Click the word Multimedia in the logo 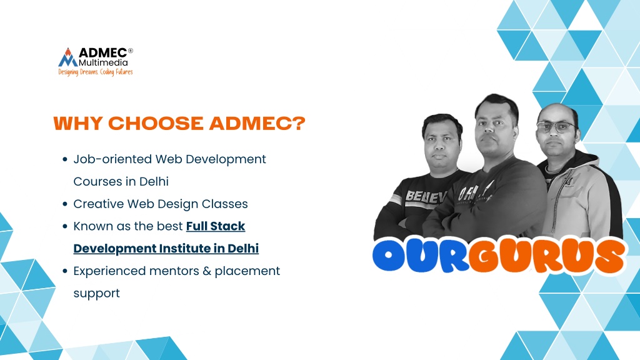coord(103,62)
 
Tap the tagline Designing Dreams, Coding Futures coord(96,72)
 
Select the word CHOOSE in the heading coord(156,123)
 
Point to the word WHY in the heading coord(77,123)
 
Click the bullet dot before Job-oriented coord(65,159)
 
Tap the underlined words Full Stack coord(216,226)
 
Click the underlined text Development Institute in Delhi coord(166,249)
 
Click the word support coord(97,294)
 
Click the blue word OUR coord(421,256)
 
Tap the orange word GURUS coord(547,256)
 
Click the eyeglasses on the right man coord(556,127)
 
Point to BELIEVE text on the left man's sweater coord(426,197)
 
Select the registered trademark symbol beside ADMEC coord(131,51)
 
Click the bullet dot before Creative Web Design coord(65,204)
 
